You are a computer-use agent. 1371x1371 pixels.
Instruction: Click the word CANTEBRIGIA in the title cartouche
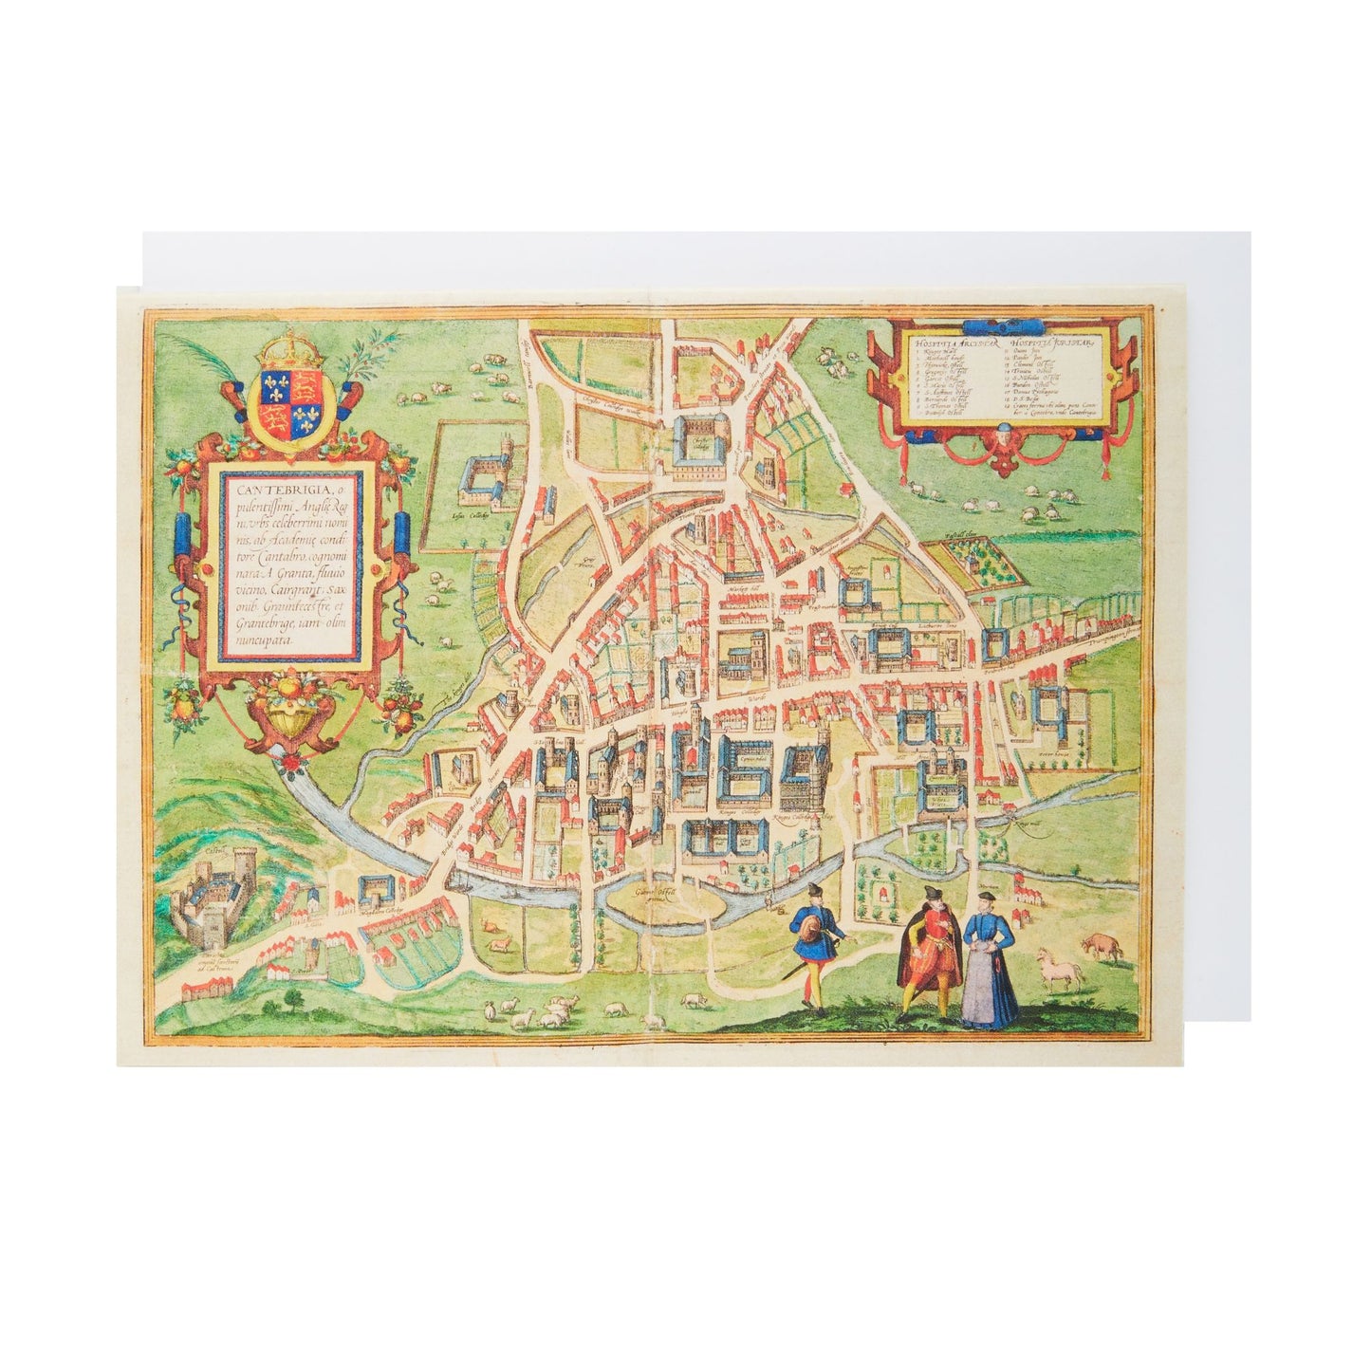pos(260,490)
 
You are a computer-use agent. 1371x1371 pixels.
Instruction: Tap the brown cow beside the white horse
pos(1098,945)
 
